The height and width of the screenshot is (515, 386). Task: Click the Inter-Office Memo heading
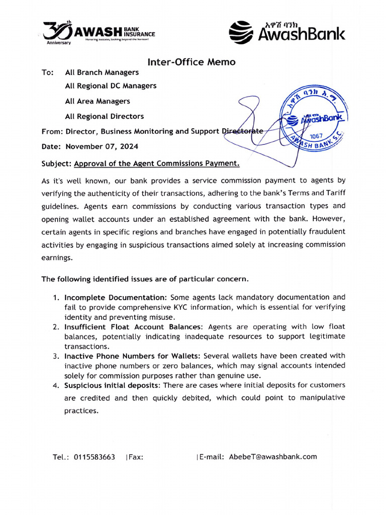point(191,62)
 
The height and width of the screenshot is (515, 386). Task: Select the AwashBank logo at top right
point(287,31)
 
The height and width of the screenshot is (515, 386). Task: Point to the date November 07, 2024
point(102,147)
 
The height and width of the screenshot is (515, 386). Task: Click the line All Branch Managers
point(102,72)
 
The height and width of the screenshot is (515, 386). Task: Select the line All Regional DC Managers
point(111,86)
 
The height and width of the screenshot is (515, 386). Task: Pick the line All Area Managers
point(98,101)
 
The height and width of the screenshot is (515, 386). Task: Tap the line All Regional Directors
point(104,116)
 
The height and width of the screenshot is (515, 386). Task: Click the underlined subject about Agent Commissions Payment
point(157,163)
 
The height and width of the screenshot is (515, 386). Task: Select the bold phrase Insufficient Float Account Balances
point(133,327)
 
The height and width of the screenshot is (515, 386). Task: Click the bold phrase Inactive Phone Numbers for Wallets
point(133,356)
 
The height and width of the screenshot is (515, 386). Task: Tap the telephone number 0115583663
point(94,457)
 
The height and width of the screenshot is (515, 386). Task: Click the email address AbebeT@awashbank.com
point(273,457)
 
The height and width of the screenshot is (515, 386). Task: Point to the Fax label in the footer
point(136,457)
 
